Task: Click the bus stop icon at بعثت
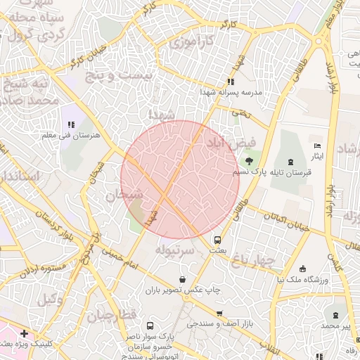click(x=217, y=240)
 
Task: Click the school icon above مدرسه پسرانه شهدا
click(x=231, y=82)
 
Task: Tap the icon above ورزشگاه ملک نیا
click(x=302, y=269)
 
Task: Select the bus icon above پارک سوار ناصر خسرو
click(x=150, y=326)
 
